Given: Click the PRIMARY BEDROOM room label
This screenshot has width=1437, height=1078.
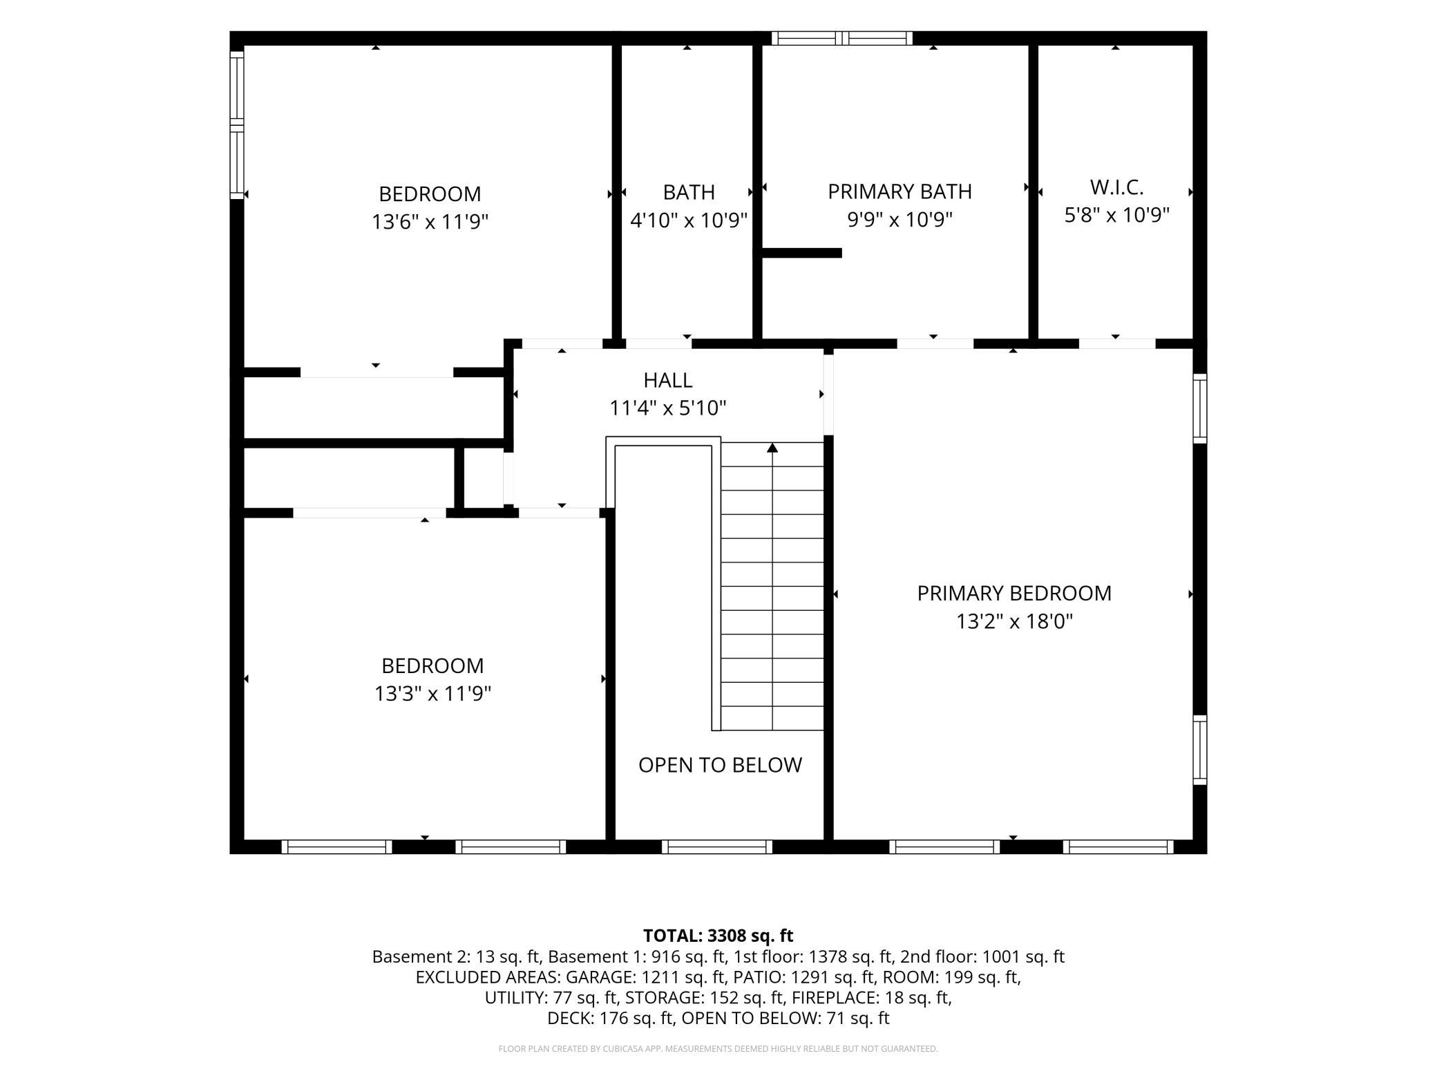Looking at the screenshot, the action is tap(1014, 594).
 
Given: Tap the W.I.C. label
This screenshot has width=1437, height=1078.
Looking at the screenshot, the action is tap(1116, 187).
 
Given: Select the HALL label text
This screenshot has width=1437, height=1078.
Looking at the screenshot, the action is tap(668, 380).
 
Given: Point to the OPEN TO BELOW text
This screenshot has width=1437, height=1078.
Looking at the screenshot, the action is tap(720, 765).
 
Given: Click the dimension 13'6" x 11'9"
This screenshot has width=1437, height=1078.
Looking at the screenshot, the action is tap(430, 222).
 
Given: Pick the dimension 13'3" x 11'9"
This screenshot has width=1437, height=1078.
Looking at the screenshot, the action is tap(432, 693).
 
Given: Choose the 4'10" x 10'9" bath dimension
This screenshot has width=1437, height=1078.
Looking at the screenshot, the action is tap(689, 220).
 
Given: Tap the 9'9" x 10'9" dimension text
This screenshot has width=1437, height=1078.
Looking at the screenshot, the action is tap(900, 219).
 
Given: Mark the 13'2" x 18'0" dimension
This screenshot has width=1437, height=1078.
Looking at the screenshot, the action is tap(1014, 621).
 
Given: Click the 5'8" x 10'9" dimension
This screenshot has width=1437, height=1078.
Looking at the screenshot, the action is tap(1116, 215).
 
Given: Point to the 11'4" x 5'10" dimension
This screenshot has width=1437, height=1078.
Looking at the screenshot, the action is tap(668, 408).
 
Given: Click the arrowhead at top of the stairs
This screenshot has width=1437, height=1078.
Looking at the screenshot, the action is tap(772, 448).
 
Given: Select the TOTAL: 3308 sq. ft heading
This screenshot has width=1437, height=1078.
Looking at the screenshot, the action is tap(718, 936).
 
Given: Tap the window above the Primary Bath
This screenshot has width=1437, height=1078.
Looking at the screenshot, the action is tap(841, 38).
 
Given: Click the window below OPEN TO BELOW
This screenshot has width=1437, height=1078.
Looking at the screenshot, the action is tap(716, 847).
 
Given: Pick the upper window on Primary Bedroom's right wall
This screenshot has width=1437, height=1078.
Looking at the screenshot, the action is tap(1200, 408).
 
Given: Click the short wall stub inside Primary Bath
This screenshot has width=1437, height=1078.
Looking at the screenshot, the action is tap(801, 253).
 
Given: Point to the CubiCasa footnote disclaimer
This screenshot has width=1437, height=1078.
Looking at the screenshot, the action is tap(718, 1049).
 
